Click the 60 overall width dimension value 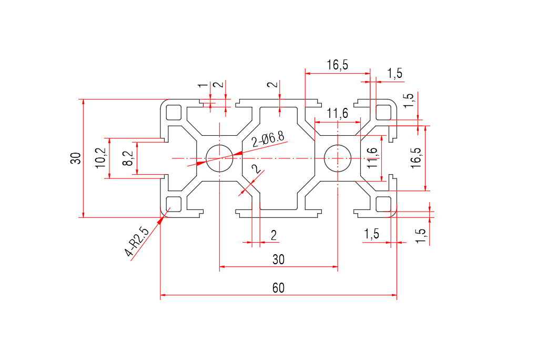tap(278, 287)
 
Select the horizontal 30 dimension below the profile tap(278, 259)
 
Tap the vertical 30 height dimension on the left tap(76, 158)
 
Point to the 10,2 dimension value tap(101, 158)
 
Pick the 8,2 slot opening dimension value tap(127, 158)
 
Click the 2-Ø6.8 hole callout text tap(268, 139)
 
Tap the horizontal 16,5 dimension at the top tap(337, 65)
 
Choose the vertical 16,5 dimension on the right tap(416, 158)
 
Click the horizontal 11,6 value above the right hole tap(337, 113)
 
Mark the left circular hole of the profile tap(219, 158)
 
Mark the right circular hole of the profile tap(338, 158)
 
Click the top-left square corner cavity tap(173, 112)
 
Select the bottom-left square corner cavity tap(173, 204)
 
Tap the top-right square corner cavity tap(383, 112)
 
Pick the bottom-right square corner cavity tap(383, 204)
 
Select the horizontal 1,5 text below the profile tap(371, 235)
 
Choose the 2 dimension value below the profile tap(273, 235)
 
